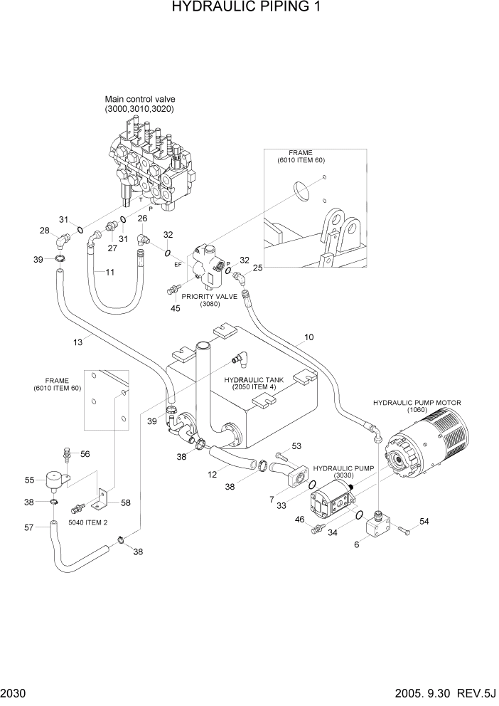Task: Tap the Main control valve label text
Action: click(x=140, y=99)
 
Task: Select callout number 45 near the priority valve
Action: click(x=175, y=308)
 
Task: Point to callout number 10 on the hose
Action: click(x=308, y=337)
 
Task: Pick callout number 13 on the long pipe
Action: click(x=78, y=342)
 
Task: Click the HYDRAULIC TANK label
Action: click(x=254, y=380)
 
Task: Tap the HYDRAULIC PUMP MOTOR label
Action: click(x=417, y=403)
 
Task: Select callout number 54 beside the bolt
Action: click(x=424, y=522)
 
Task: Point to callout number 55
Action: click(x=30, y=480)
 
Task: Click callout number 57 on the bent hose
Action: click(x=30, y=527)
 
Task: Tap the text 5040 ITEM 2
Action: click(x=87, y=522)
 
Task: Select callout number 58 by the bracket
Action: click(x=126, y=503)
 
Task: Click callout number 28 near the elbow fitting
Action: click(x=44, y=231)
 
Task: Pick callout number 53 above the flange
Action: click(x=296, y=446)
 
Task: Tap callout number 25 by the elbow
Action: click(x=257, y=268)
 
